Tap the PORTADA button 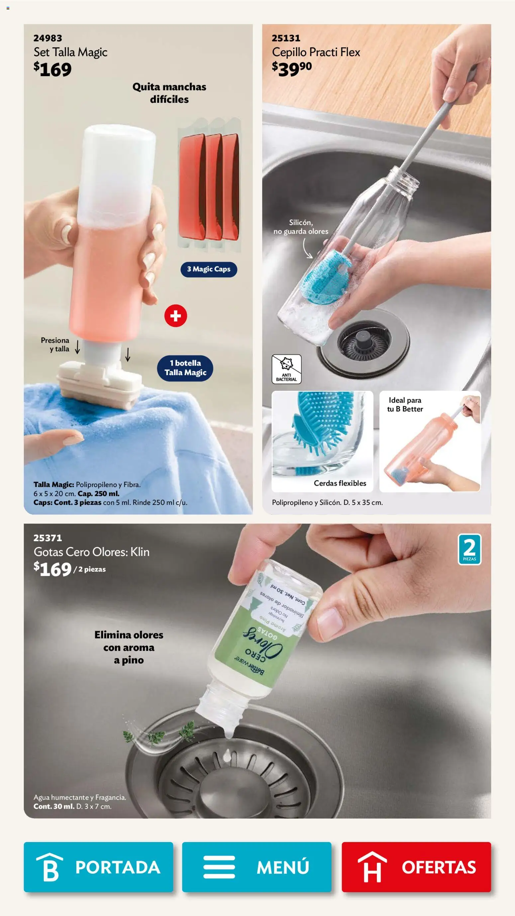98,867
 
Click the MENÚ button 257,867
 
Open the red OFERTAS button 416,867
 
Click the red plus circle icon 175,316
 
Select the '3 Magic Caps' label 209,269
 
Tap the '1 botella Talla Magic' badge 185,368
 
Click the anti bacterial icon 286,369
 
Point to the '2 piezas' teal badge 469,549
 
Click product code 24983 48,38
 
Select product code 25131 286,38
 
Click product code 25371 48,538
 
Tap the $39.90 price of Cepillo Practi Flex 291,69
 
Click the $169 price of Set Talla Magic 52,69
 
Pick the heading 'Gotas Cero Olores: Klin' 91,552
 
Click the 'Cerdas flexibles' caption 340,483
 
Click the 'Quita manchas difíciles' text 169,93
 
